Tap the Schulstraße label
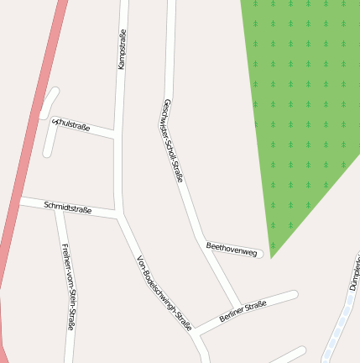pyautogui.click(x=71, y=125)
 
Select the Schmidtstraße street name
pyautogui.click(x=67, y=206)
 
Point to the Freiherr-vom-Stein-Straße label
pyautogui.click(x=69, y=286)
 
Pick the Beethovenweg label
pyautogui.click(x=231, y=248)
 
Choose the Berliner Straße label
pyautogui.click(x=243, y=311)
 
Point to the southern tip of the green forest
pyautogui.click(x=271, y=255)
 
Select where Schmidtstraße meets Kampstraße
pyautogui.click(x=120, y=216)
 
